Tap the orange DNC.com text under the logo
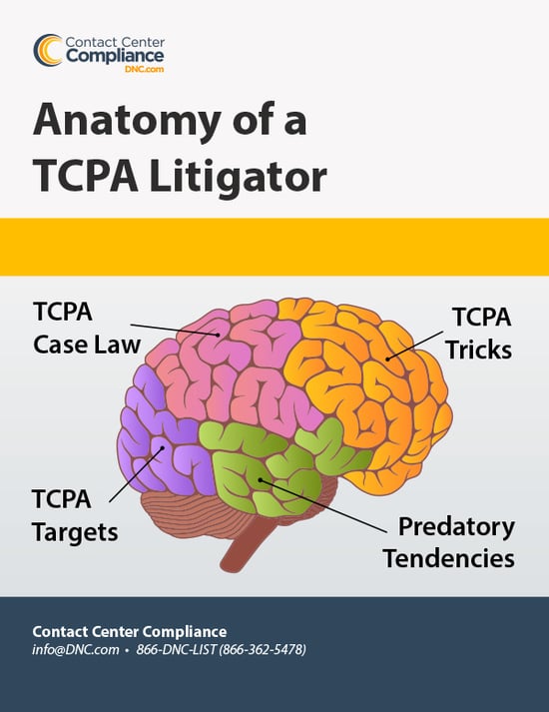point(145,70)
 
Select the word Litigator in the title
point(238,176)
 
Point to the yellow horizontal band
point(274,247)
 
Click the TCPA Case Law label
point(87,328)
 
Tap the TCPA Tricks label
point(479,334)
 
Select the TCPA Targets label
point(75,515)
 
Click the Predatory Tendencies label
point(449,542)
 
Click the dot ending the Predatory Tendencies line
point(261,479)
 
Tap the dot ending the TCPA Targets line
point(161,448)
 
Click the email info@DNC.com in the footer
point(76,649)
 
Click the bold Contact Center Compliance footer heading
point(130,631)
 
